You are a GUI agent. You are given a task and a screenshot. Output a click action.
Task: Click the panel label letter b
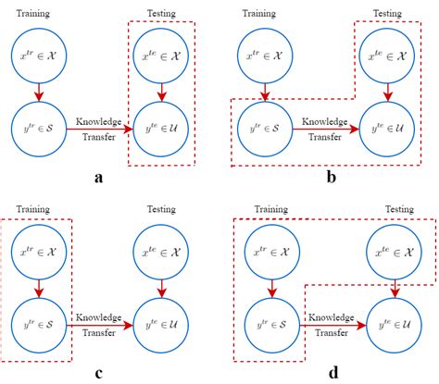click(330, 179)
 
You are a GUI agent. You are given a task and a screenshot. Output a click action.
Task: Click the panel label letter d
click(331, 373)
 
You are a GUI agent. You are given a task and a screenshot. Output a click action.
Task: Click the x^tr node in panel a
click(36, 59)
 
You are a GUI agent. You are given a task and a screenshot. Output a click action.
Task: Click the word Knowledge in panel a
click(99, 119)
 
